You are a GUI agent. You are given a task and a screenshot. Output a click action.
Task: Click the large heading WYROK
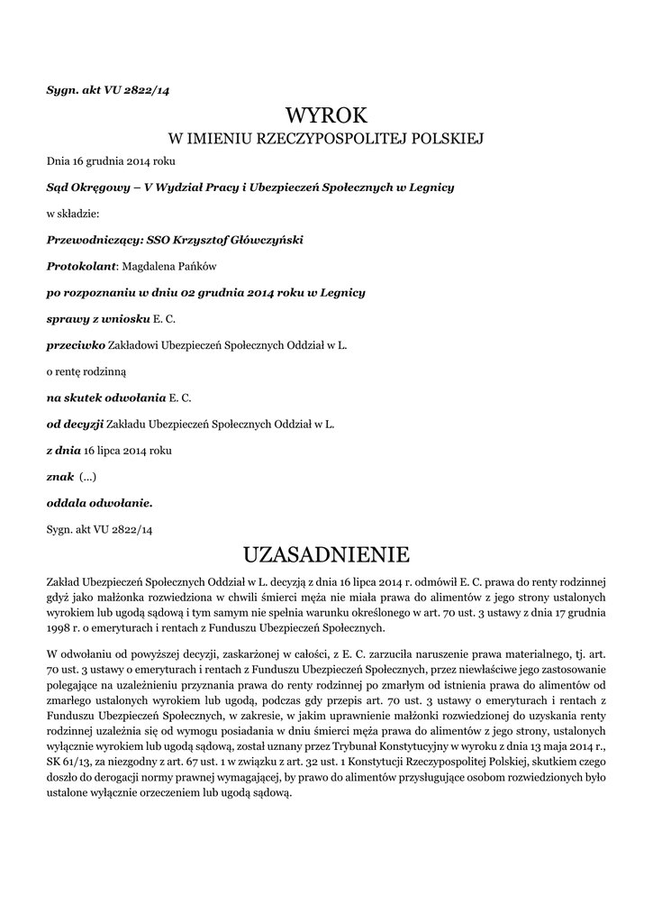[x=327, y=114]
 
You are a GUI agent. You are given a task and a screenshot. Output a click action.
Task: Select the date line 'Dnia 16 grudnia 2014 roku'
[x=111, y=161]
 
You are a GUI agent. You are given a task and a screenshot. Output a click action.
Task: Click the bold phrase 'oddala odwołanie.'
[x=99, y=502]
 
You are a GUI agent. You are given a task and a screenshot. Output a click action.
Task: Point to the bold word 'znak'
[x=59, y=476]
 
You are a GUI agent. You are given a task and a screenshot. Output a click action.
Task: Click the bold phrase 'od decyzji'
[x=75, y=423]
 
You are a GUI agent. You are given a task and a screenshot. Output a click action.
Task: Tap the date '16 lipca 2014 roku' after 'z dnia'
[x=127, y=449]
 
